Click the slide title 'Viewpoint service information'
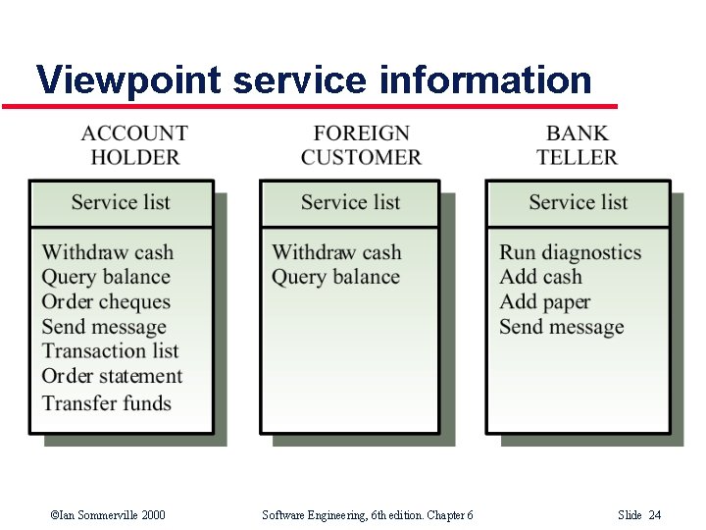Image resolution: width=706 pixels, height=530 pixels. pos(314,79)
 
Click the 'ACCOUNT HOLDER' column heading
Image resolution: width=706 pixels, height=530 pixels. pos(134,145)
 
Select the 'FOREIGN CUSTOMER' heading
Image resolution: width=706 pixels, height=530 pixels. pos(361,145)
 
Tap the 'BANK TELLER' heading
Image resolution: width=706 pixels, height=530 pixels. pos(577,145)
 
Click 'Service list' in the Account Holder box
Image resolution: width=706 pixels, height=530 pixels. pos(121,202)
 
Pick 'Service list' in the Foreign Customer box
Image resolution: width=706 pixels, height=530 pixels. pos(350,202)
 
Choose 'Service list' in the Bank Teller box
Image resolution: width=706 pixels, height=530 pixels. pos(578,202)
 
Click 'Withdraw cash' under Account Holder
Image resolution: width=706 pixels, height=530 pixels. pos(107,252)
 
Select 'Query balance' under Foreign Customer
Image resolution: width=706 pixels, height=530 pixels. pos(335,277)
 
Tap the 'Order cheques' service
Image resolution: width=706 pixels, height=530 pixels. pos(106,302)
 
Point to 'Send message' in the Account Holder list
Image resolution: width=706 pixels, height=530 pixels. pos(104,327)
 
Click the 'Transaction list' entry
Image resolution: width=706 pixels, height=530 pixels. pos(110,351)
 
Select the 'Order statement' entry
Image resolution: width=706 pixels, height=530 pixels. pos(112,376)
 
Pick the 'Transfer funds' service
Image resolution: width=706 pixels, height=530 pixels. pos(106,402)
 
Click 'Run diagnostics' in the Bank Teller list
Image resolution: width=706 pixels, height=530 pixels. pos(570,252)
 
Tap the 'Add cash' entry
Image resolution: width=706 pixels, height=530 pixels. pos(540,277)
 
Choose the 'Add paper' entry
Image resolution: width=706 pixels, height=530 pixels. pos(544,302)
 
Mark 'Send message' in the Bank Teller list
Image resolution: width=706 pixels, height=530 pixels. pos(561,327)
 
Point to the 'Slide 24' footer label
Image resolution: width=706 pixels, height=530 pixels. pos(639,515)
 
